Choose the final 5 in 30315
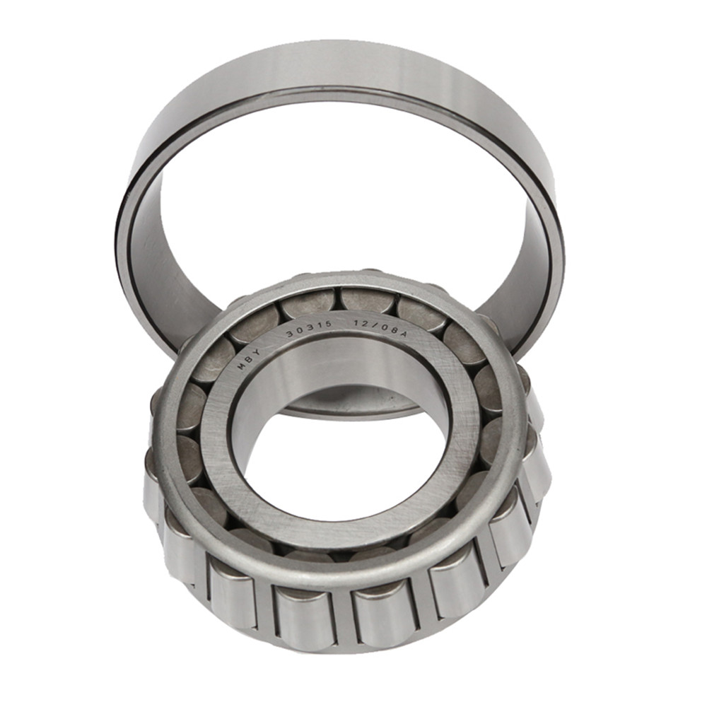coord(330,327)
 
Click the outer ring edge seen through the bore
coord(353,410)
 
